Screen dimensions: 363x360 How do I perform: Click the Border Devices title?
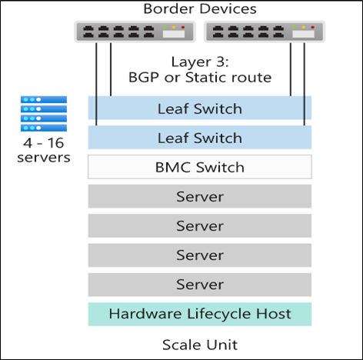click(200, 9)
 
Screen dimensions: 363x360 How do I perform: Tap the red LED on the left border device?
click(183, 27)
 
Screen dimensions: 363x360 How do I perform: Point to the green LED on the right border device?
click(295, 27)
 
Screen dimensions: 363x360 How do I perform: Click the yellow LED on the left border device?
click(174, 27)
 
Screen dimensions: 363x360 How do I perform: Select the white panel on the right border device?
click(304, 34)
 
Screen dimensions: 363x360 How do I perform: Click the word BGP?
click(144, 77)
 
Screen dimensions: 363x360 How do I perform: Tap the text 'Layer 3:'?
click(200, 62)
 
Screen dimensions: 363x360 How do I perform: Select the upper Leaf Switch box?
click(200, 108)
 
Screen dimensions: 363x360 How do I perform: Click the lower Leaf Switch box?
click(200, 137)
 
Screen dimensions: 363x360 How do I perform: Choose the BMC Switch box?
click(200, 167)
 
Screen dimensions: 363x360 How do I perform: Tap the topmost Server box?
click(200, 196)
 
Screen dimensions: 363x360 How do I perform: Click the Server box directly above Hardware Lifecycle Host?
click(200, 285)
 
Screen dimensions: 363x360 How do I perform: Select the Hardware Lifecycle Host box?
click(200, 314)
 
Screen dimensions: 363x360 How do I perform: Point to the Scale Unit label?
click(200, 345)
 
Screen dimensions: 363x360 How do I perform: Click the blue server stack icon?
click(44, 114)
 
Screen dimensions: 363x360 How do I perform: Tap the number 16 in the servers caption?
click(55, 143)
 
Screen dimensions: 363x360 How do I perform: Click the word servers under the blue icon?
click(44, 158)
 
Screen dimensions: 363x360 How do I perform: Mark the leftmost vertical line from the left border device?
click(96, 84)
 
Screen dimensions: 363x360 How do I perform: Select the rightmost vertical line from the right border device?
click(305, 84)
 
